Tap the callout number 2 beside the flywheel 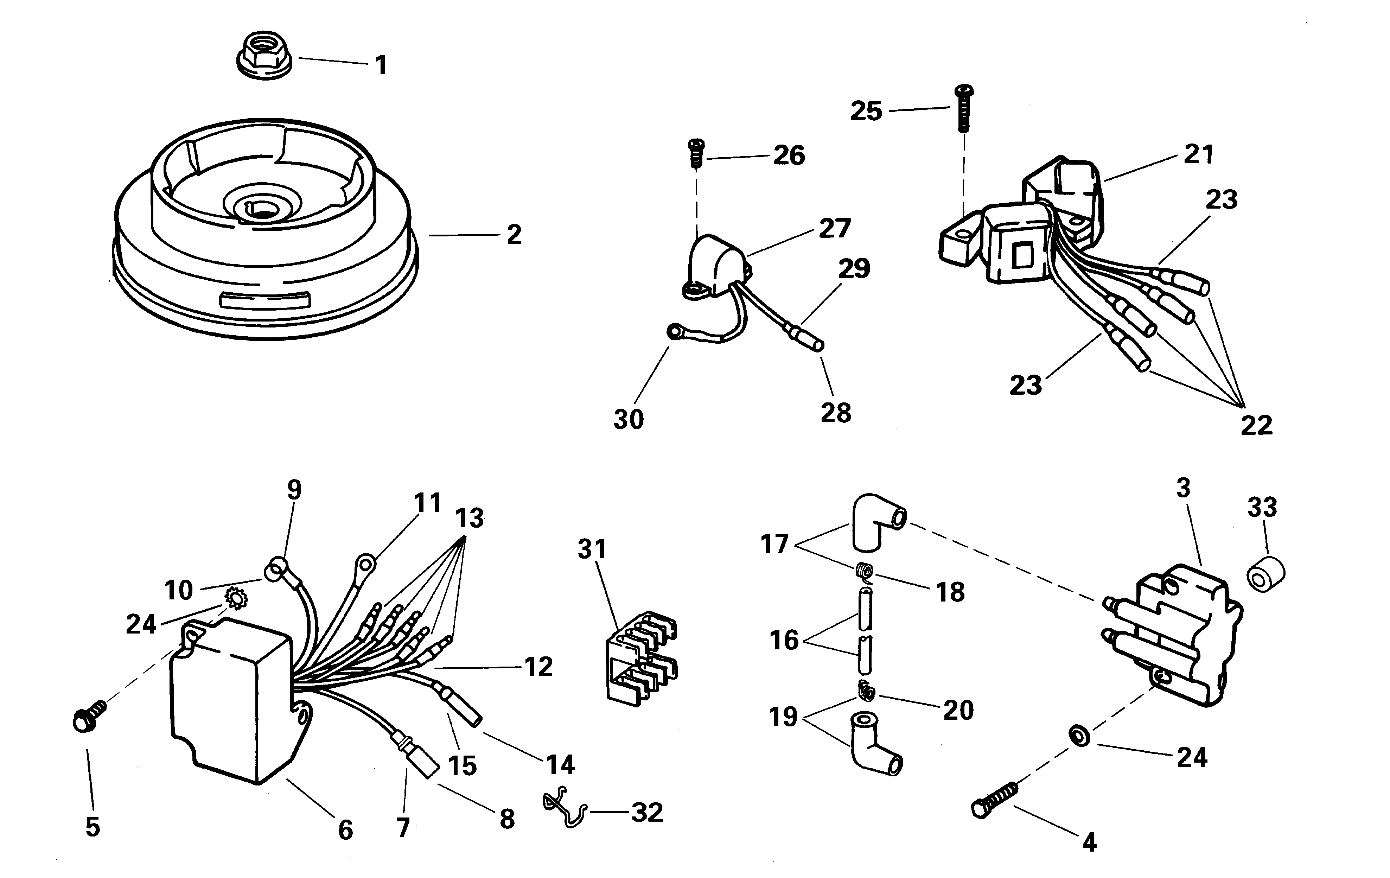(x=514, y=234)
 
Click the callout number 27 (x=835, y=228)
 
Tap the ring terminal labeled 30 (x=674, y=332)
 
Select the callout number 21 (x=1198, y=154)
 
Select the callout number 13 (x=469, y=518)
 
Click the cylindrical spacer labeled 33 (x=1265, y=574)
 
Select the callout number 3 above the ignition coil (x=1183, y=488)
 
